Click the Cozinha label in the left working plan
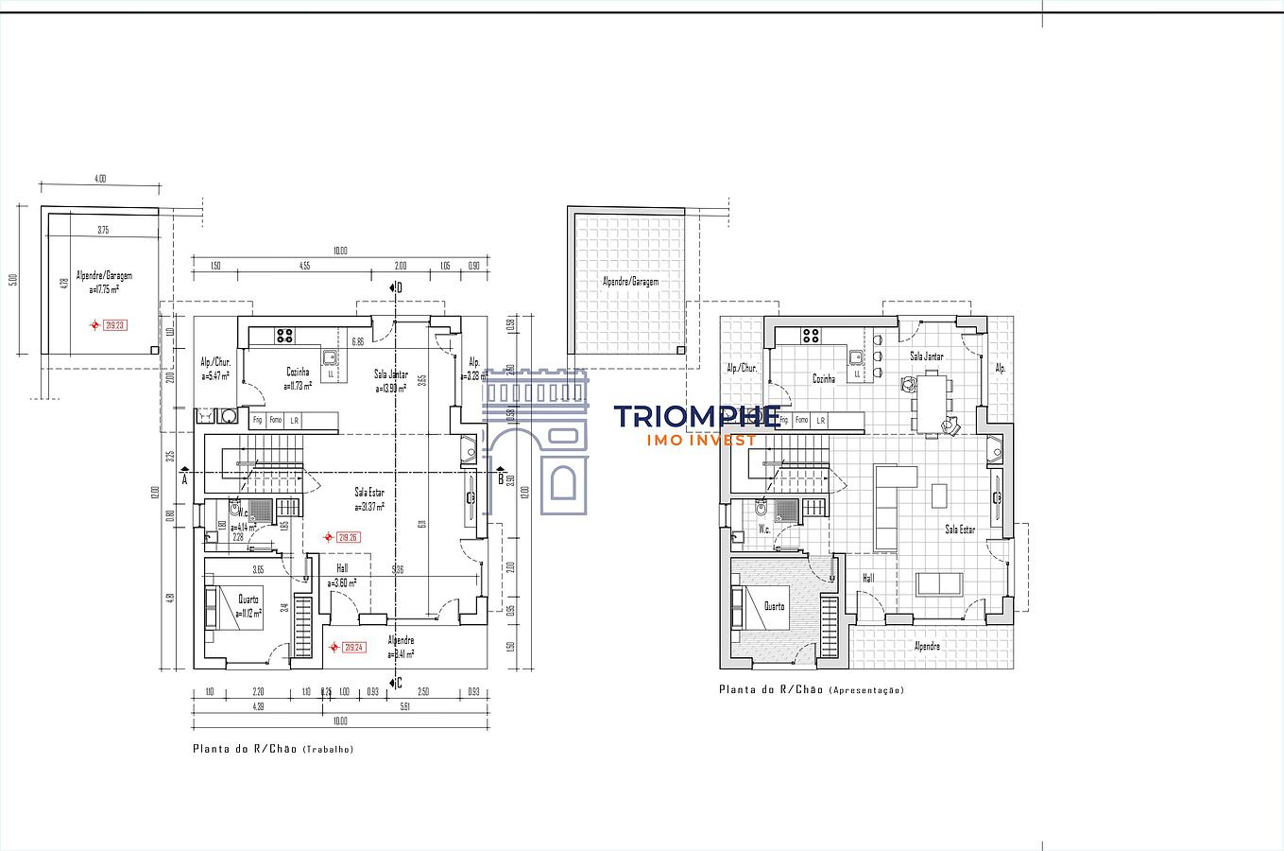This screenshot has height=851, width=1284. [x=298, y=372]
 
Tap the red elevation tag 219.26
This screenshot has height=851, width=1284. [x=349, y=537]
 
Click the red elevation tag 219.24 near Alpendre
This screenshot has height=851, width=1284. [x=353, y=648]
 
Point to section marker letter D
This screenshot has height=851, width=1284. [x=400, y=287]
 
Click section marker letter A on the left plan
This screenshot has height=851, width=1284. [x=184, y=478]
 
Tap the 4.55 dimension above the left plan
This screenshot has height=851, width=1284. [x=304, y=266]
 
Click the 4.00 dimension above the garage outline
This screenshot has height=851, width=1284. [x=100, y=178]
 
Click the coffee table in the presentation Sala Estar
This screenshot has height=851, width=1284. [x=938, y=495]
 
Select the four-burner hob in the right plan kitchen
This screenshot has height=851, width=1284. [x=811, y=334]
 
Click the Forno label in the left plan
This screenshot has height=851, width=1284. [x=275, y=420]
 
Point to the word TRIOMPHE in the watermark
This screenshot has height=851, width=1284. [x=696, y=417]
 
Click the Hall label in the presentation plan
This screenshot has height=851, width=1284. [x=867, y=578]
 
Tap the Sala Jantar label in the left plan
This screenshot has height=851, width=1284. [x=391, y=374]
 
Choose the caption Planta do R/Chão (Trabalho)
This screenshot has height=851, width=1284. [x=273, y=748]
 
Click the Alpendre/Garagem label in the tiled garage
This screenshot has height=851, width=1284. [x=630, y=281]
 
